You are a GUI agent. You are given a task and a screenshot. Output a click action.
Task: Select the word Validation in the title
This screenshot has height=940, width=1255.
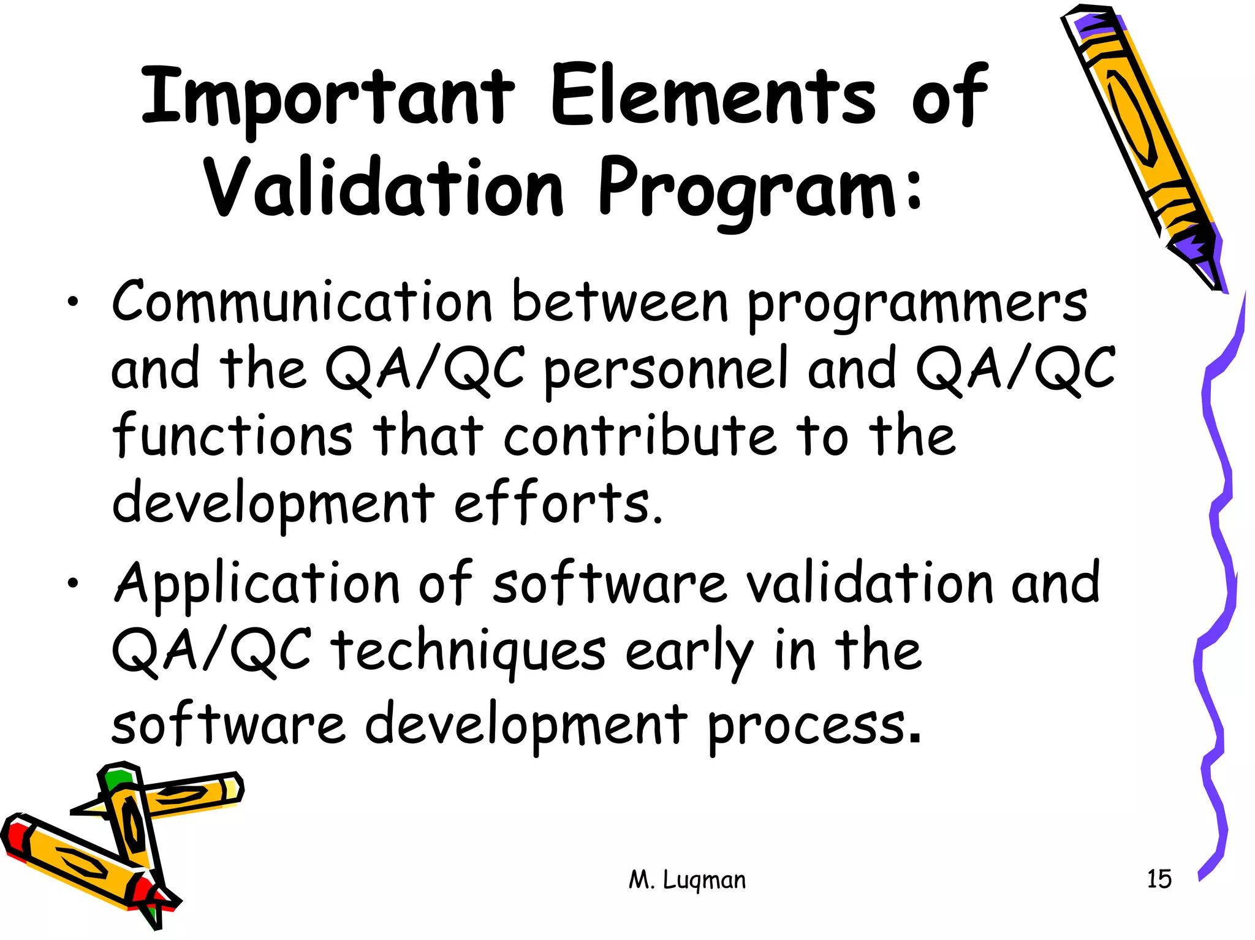(383, 187)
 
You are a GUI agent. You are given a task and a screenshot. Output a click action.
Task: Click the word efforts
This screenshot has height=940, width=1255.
(558, 502)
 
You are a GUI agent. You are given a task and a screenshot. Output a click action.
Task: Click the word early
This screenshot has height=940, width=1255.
(689, 653)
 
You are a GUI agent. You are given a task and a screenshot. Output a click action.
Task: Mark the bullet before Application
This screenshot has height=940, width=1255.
(73, 583)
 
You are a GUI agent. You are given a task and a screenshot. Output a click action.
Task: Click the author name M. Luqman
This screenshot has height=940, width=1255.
(687, 880)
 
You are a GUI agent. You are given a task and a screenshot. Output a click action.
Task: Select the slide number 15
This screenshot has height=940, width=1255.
(1159, 879)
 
